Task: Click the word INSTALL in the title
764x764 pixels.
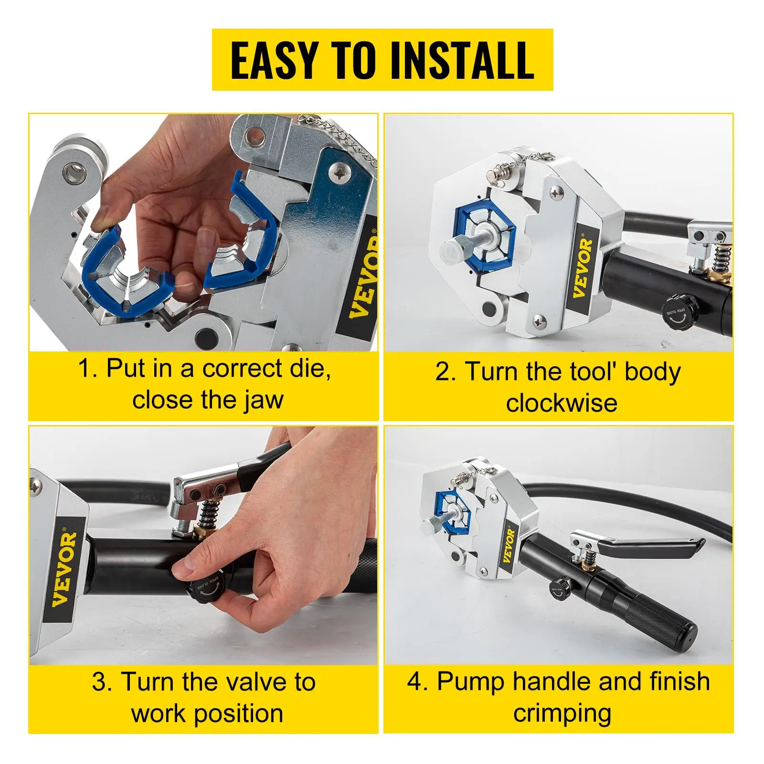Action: pos(462,60)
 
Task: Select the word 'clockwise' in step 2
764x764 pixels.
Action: pos(562,403)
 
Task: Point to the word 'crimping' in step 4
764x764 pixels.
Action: pos(562,713)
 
